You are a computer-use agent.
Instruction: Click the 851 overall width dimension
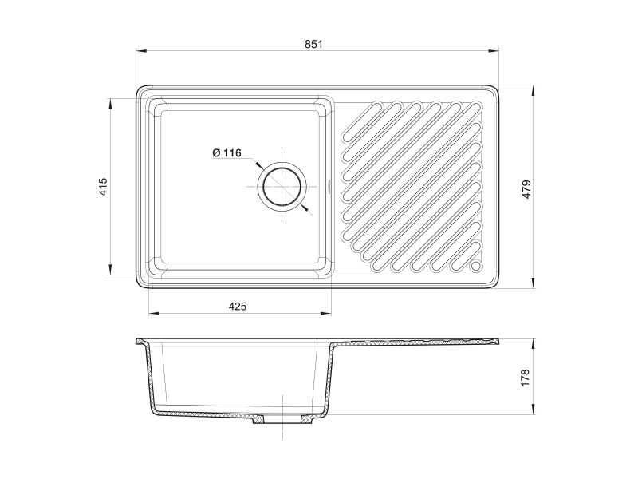coord(313,44)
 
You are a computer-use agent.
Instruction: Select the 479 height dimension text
coord(526,189)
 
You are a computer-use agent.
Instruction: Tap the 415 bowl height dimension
coord(103,186)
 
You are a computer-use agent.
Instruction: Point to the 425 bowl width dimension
coord(237,306)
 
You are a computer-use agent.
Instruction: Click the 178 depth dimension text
coord(525,378)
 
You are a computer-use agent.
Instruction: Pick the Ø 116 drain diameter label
coord(226,152)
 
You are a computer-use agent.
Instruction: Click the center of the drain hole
coord(282,187)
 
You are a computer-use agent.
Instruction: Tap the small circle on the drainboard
coord(475,267)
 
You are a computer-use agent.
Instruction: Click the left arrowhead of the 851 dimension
coord(141,51)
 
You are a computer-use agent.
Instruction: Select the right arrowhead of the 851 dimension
coord(494,51)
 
